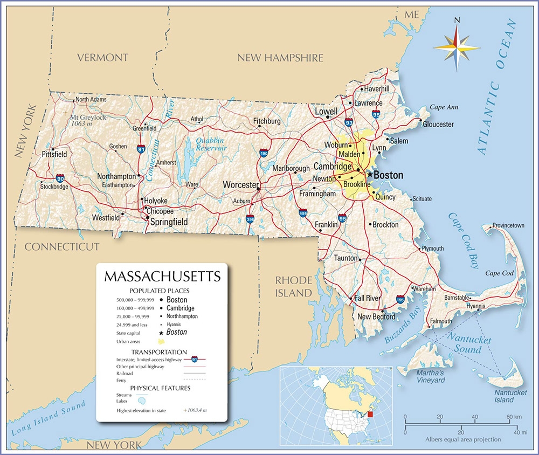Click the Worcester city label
(x=241, y=185)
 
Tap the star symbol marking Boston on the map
(x=370, y=175)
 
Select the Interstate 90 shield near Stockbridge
(x=60, y=177)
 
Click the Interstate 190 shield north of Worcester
(x=264, y=153)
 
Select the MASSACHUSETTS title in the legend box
(x=162, y=277)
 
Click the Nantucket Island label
(x=510, y=396)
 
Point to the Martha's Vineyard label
(x=430, y=377)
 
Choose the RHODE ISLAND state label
(x=293, y=286)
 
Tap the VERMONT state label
(x=102, y=57)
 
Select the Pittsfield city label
(x=54, y=154)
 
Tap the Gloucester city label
(x=438, y=125)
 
